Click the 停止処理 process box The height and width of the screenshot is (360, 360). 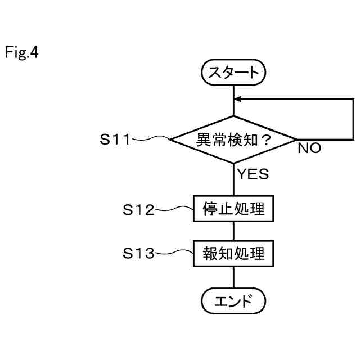tap(233, 209)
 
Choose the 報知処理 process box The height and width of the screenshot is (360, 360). tap(233, 254)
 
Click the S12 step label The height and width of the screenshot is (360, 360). tap(138, 210)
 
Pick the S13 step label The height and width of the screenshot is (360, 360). tap(138, 254)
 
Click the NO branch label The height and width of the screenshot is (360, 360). tap(309, 149)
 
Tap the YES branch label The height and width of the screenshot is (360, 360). tap(252, 174)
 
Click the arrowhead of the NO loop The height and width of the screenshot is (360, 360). tap(238, 99)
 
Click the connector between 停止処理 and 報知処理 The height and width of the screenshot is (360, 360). tap(233, 231)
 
